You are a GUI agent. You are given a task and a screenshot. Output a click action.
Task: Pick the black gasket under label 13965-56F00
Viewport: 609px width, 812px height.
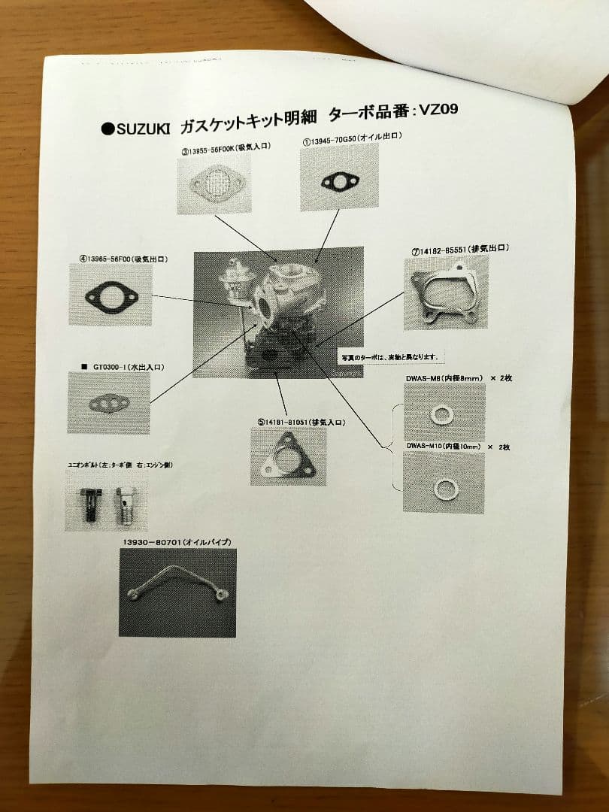[x=111, y=296]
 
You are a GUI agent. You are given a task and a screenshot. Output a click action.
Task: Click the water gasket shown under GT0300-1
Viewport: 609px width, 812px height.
[x=109, y=404]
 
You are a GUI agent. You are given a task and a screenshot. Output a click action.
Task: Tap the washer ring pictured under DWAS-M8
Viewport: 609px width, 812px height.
[x=441, y=414]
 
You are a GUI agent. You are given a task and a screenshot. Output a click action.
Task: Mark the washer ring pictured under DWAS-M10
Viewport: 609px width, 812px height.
[x=446, y=488]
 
